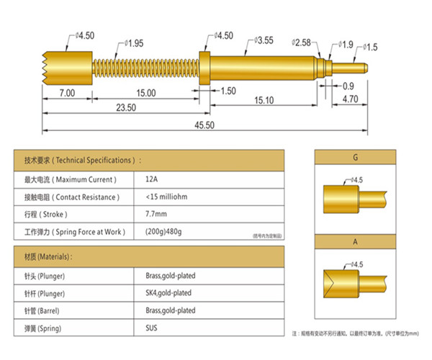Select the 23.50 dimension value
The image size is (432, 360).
[x=126, y=107]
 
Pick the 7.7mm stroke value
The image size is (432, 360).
[x=156, y=214]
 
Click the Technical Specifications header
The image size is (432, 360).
[x=84, y=160]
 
